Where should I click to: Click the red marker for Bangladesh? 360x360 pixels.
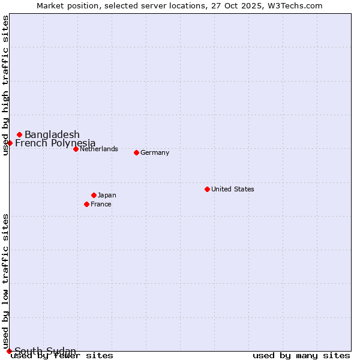pyautogui.click(x=20, y=134)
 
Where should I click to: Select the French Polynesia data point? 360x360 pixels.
pyautogui.click(x=10, y=143)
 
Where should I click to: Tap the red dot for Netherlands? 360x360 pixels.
pyautogui.click(x=76, y=149)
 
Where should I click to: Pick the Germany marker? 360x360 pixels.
pyautogui.click(x=136, y=152)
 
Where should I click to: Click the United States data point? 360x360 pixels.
pyautogui.click(x=207, y=189)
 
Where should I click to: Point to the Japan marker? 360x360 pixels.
pyautogui.click(x=94, y=195)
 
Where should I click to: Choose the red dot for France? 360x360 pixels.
pyautogui.click(x=86, y=204)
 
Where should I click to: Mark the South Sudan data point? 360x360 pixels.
pyautogui.click(x=9, y=351)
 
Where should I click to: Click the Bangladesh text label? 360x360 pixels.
pyautogui.click(x=52, y=134)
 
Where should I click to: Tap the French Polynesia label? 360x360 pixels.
pyautogui.click(x=55, y=143)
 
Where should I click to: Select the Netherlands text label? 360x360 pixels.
pyautogui.click(x=99, y=149)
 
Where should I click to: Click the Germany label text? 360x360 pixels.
pyautogui.click(x=155, y=152)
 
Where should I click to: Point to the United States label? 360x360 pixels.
pyautogui.click(x=233, y=189)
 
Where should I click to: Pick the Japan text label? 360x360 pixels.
pyautogui.click(x=107, y=195)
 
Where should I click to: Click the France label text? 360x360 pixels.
pyautogui.click(x=101, y=204)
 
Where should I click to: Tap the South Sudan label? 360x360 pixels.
pyautogui.click(x=46, y=351)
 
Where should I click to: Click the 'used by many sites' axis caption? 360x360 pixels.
pyautogui.click(x=301, y=356)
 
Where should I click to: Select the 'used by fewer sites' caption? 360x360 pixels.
pyautogui.click(x=62, y=356)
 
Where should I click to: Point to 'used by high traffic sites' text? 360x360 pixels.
pyautogui.click(x=6, y=85)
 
